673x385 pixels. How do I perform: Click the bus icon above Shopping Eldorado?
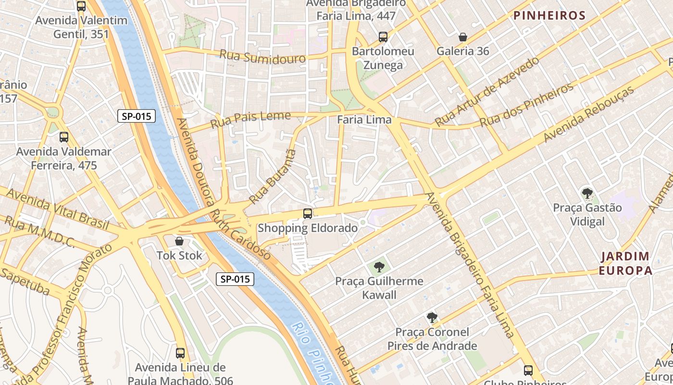click(x=308, y=214)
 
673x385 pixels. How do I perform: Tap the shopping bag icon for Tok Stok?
click(x=179, y=241)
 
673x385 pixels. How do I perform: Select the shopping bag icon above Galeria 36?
click(x=462, y=37)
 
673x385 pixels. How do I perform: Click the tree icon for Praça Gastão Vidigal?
click(x=587, y=193)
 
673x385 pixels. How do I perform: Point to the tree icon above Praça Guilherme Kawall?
click(x=379, y=267)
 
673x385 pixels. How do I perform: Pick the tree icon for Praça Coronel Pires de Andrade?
click(x=432, y=318)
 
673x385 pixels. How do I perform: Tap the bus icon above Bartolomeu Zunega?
click(x=383, y=37)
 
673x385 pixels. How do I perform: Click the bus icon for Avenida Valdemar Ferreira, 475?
click(x=64, y=137)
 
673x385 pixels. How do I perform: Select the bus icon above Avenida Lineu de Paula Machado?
click(x=180, y=353)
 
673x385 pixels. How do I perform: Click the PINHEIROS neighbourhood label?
click(x=549, y=15)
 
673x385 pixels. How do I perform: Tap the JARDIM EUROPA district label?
click(x=625, y=263)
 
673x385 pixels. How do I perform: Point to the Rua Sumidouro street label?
click(x=262, y=57)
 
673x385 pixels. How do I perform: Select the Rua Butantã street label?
click(x=272, y=177)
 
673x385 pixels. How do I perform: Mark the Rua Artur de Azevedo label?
click(x=486, y=91)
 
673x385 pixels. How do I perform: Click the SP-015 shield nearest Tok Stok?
click(x=235, y=279)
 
